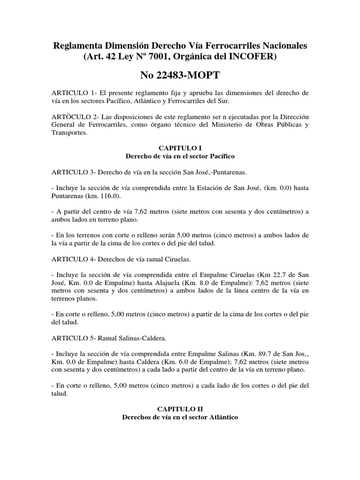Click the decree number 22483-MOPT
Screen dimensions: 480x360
[x=180, y=75]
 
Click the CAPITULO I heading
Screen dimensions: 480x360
[x=180, y=147]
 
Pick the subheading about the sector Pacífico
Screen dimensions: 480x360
[x=180, y=155]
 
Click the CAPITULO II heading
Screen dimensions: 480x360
[x=180, y=409]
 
